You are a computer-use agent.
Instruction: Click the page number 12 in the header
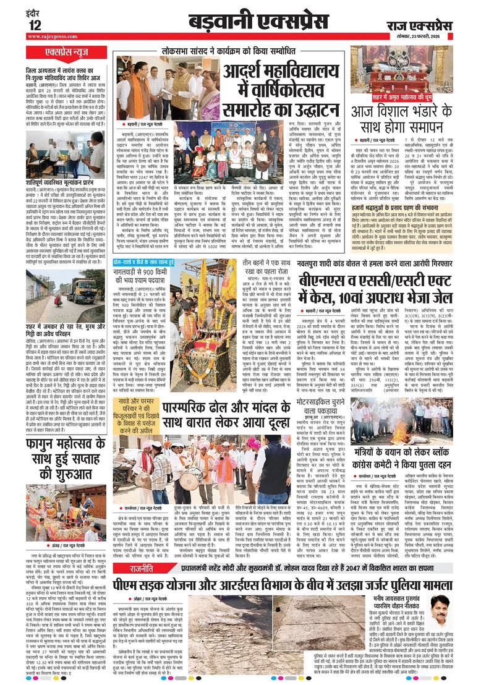coord(34,25)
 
